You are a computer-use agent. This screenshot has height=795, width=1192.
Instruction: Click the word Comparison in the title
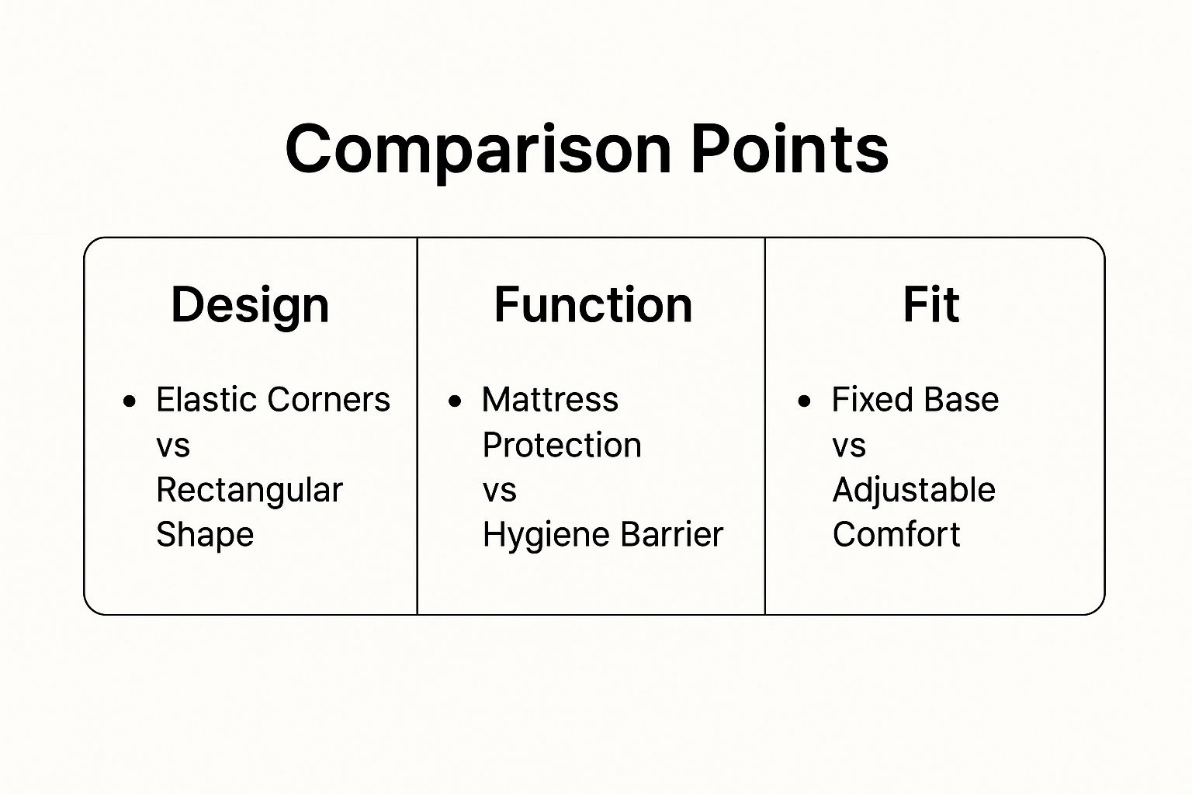pyautogui.click(x=478, y=150)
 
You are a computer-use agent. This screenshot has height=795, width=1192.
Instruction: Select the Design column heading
pyautogui.click(x=250, y=306)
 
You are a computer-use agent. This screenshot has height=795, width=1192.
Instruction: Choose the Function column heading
pyautogui.click(x=594, y=304)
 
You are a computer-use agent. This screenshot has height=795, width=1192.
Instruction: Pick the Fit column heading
pyautogui.click(x=931, y=304)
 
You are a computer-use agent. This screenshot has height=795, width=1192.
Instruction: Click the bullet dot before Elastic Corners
pyautogui.click(x=130, y=401)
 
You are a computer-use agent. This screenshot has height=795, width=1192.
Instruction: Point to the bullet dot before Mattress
pyautogui.click(x=455, y=401)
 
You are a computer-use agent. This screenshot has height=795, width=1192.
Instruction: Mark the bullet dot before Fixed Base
pyautogui.click(x=804, y=401)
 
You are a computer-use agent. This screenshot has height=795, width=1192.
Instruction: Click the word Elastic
pyautogui.click(x=206, y=399)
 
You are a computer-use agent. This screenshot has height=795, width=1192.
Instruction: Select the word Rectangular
pyautogui.click(x=250, y=491)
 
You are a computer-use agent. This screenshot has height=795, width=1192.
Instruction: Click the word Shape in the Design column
pyautogui.click(x=205, y=535)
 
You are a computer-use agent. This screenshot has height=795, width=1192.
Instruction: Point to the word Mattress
pyautogui.click(x=550, y=399)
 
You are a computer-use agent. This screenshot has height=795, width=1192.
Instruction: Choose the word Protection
pyautogui.click(x=562, y=445)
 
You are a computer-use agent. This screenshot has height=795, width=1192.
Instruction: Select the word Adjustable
pyautogui.click(x=913, y=491)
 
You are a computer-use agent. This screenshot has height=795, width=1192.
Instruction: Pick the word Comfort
pyautogui.click(x=896, y=534)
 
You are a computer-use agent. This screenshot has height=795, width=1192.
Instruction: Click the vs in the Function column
pyautogui.click(x=499, y=491)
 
